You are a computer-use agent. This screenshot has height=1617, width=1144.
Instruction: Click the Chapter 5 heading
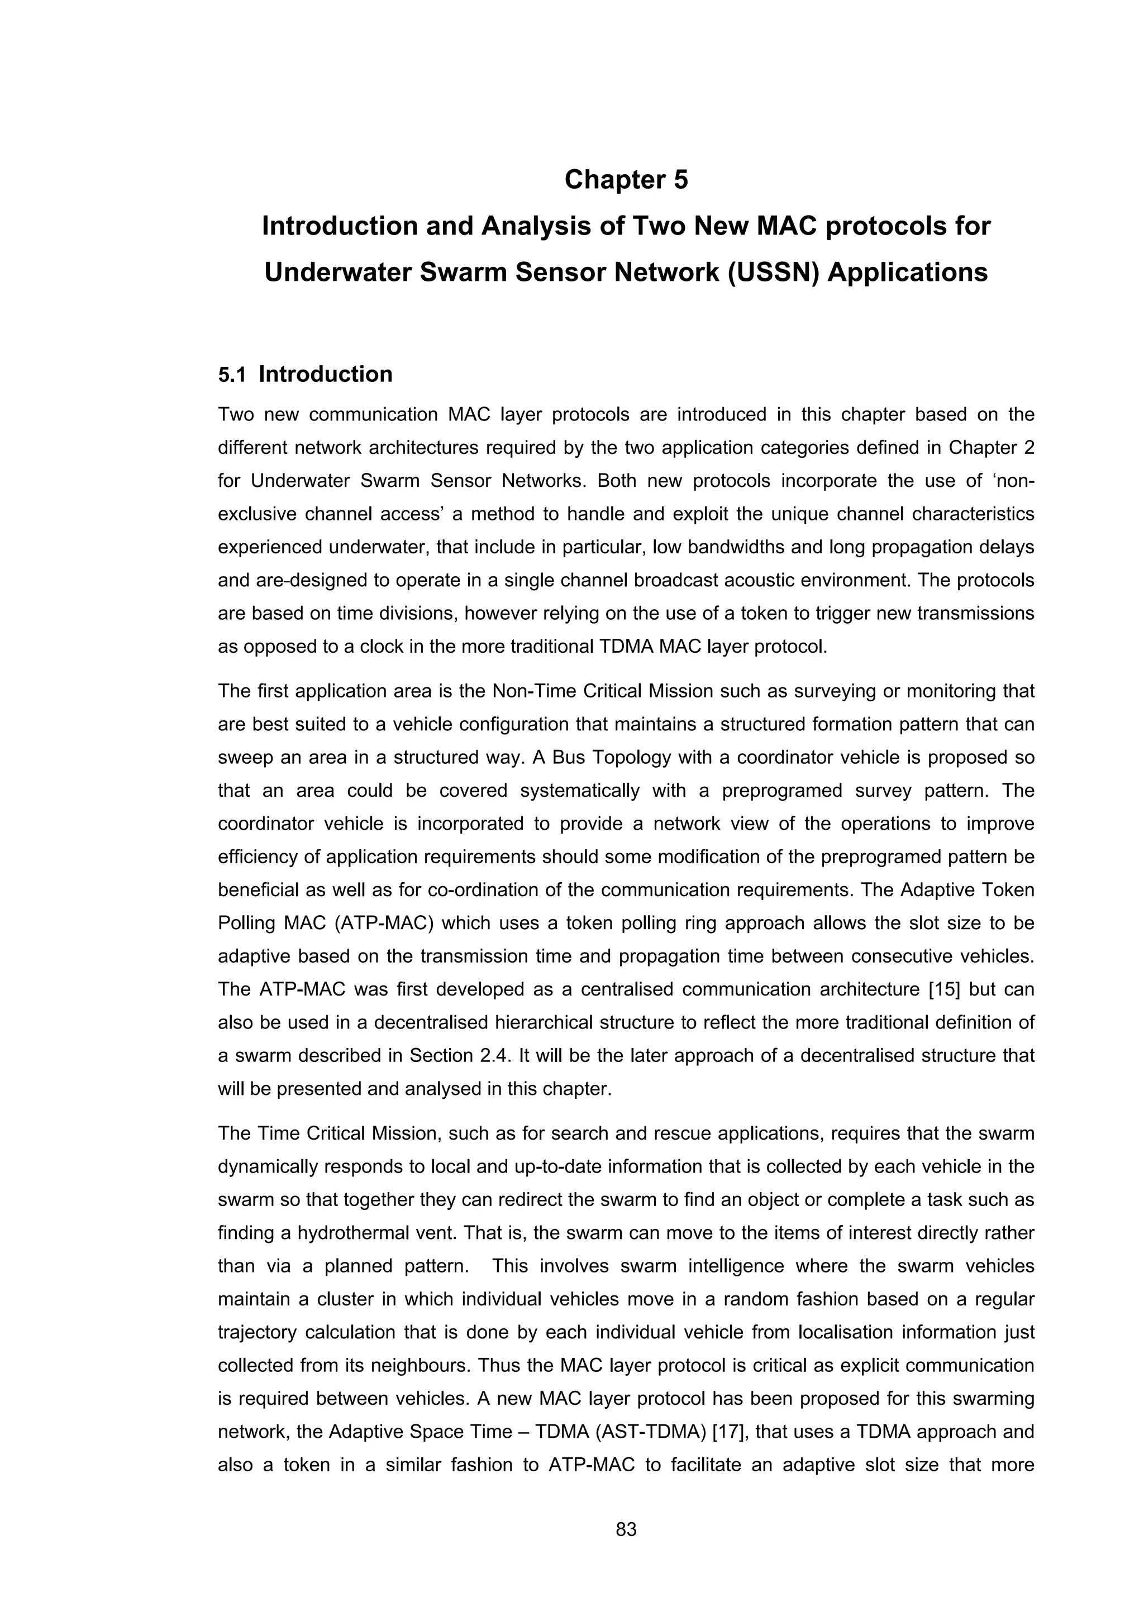click(x=626, y=180)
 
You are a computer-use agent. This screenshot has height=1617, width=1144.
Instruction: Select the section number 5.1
click(x=232, y=375)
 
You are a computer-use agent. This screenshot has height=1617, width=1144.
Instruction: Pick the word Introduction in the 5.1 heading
click(x=326, y=375)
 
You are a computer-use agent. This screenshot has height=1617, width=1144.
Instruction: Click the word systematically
click(x=579, y=791)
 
